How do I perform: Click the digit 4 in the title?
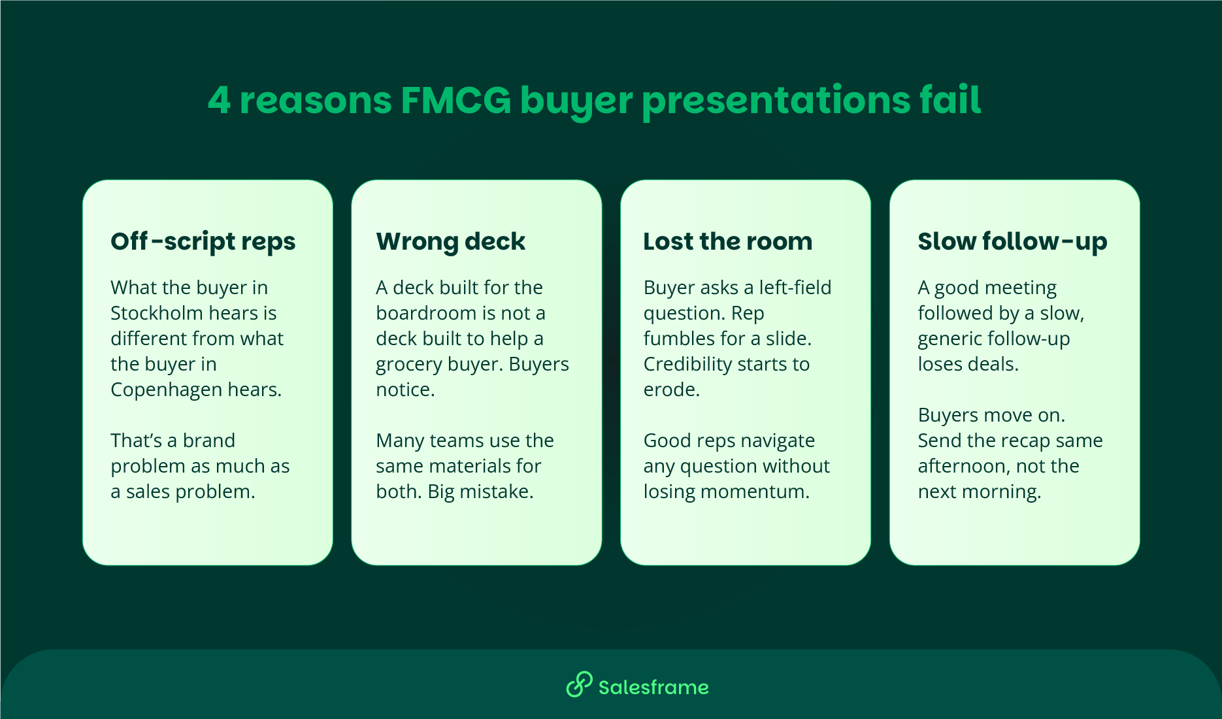tap(220, 101)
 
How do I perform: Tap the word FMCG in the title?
tap(455, 101)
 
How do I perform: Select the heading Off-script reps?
tap(203, 241)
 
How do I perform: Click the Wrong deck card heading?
tap(450, 241)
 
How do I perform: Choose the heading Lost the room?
tap(727, 241)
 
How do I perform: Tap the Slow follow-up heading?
tap(1012, 241)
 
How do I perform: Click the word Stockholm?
tap(157, 313)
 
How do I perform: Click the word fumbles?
tap(679, 339)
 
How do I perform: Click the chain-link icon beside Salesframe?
tap(579, 685)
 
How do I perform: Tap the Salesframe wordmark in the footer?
tap(653, 687)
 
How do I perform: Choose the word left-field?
tap(795, 288)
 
